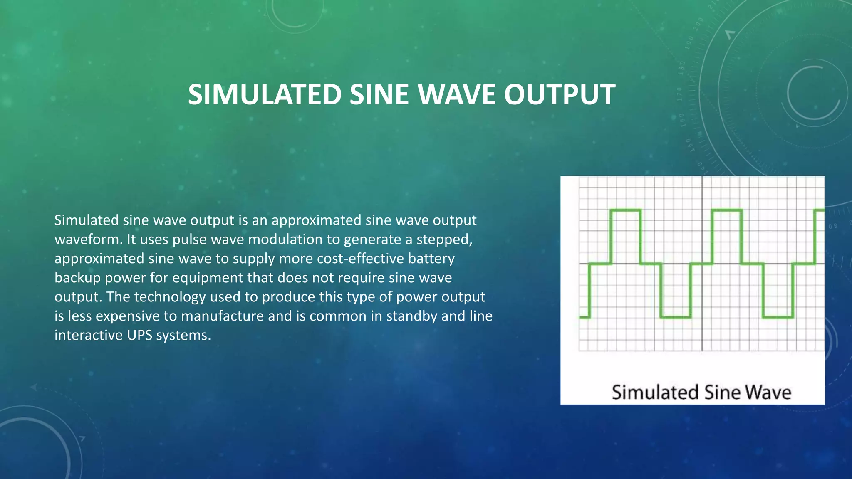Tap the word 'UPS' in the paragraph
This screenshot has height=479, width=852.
coord(140,335)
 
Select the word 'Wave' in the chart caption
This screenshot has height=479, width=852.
coord(768,393)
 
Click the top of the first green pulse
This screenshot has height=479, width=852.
coord(625,210)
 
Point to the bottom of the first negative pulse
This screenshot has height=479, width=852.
coord(675,317)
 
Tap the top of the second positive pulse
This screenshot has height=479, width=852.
coord(727,210)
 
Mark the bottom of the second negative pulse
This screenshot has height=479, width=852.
coord(778,317)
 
